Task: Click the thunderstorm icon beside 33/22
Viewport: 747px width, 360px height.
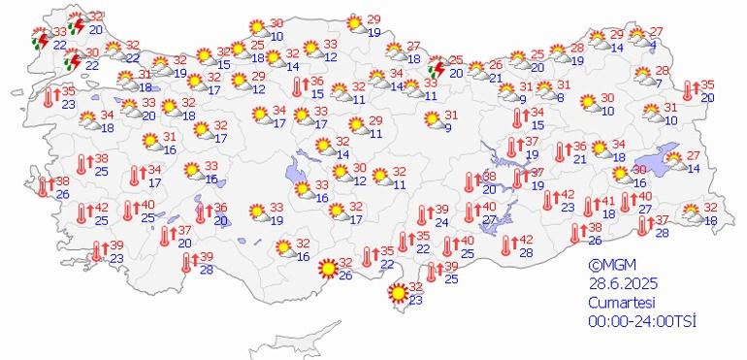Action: (x=40, y=40)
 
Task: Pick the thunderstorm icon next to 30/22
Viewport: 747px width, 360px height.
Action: (x=71, y=61)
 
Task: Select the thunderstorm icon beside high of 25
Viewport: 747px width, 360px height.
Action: (x=438, y=68)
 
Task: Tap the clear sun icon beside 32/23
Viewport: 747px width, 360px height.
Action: (x=397, y=293)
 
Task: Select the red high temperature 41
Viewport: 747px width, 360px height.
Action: (x=608, y=201)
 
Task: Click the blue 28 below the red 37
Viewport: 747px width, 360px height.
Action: (x=663, y=233)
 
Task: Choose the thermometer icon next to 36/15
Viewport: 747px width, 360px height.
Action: (x=300, y=87)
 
